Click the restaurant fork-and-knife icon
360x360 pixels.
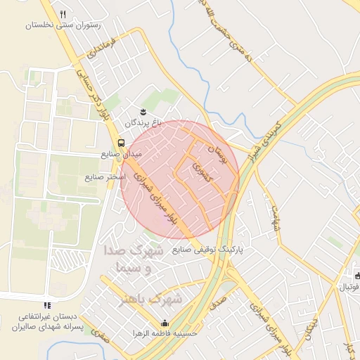(63, 14)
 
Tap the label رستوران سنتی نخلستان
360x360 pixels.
(63, 25)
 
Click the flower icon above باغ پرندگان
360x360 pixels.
(143, 112)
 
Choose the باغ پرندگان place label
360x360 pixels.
(149, 122)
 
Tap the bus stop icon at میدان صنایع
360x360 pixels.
(121, 141)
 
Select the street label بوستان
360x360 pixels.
(217, 150)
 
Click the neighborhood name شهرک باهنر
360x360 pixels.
(150, 300)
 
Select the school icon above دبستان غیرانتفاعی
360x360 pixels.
(48, 305)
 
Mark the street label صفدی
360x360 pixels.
(101, 337)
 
